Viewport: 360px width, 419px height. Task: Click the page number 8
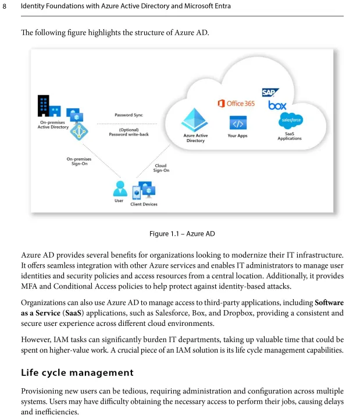(6, 6)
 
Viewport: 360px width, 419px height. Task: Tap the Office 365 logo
(236, 103)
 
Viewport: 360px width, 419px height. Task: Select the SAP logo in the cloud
(270, 93)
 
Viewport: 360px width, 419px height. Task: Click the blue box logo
(277, 105)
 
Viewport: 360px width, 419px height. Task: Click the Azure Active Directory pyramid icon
(195, 120)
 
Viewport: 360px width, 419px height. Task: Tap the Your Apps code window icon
(237, 123)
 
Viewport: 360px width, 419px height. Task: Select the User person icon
(119, 189)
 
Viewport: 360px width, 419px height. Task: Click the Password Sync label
(129, 115)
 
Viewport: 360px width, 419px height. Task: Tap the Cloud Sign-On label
(161, 168)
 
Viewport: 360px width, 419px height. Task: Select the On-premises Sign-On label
(79, 161)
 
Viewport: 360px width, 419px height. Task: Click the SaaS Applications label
(290, 136)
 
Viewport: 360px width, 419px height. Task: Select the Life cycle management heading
(77, 372)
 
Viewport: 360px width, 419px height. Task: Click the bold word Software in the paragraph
(329, 303)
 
